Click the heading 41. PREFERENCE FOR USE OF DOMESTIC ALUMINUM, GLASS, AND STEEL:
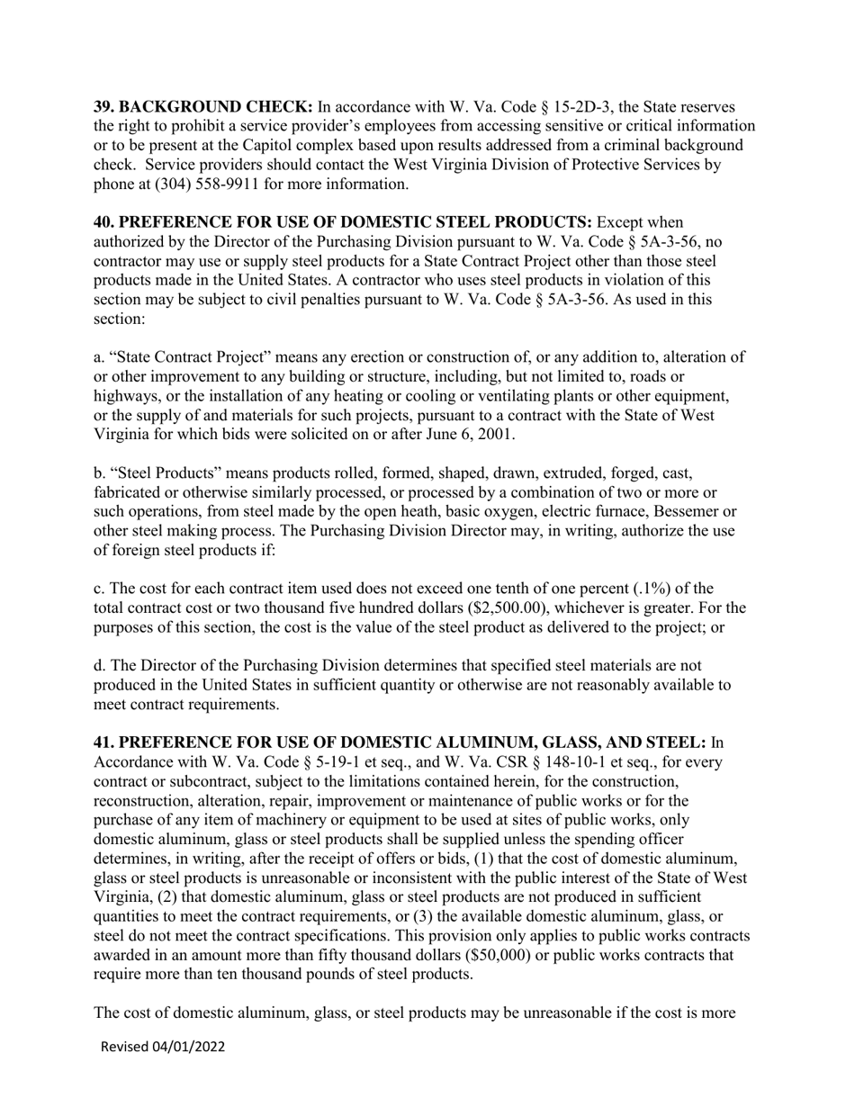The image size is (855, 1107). pyautogui.click(x=400, y=743)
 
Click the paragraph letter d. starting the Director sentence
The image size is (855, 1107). pyautogui.click(x=99, y=666)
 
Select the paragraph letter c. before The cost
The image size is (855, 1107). pyautogui.click(x=99, y=589)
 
